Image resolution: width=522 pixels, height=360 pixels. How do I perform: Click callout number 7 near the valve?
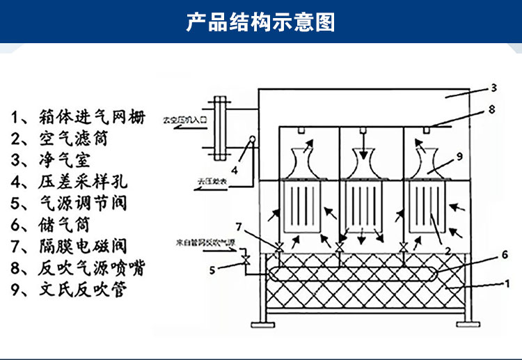pyautogui.click(x=238, y=227)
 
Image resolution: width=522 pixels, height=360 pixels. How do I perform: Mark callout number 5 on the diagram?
pyautogui.click(x=213, y=269)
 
